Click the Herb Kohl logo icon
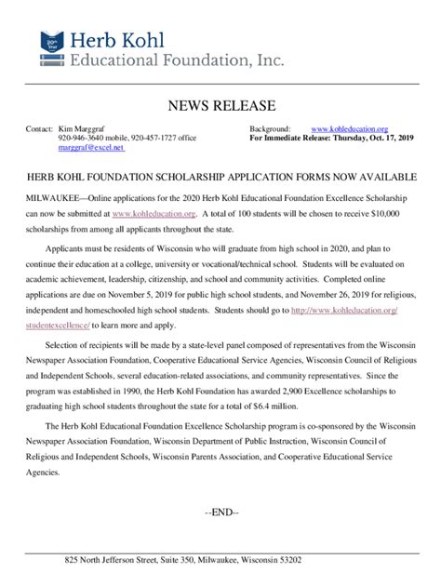(54, 47)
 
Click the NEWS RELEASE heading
(220, 105)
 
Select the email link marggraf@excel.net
(90, 148)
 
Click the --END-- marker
(221, 513)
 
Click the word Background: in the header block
(271, 127)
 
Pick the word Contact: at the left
(39, 127)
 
